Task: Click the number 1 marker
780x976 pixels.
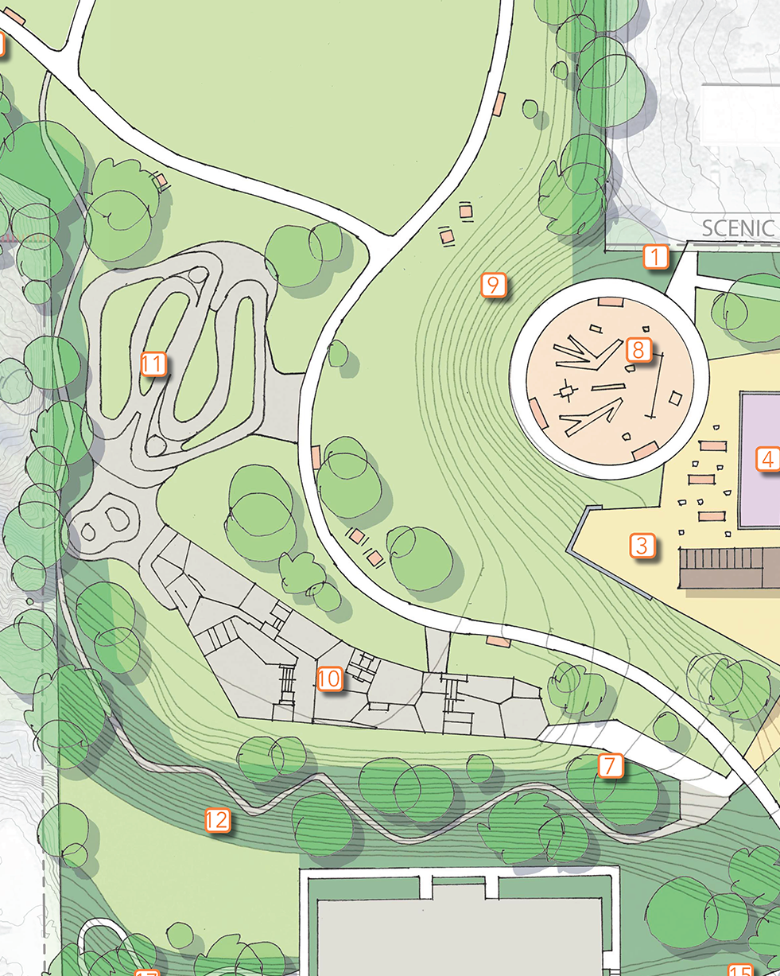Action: pos(655,258)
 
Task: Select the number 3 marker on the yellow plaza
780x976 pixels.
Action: pos(642,546)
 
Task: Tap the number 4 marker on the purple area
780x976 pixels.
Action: pos(766,459)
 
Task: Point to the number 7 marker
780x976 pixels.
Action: pos(610,766)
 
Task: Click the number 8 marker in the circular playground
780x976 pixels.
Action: pos(638,349)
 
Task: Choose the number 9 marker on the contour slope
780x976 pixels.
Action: pos(493,285)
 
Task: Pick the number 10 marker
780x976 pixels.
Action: pos(329,679)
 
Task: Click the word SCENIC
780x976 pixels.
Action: pos(739,229)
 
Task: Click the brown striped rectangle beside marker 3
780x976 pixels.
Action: pos(728,568)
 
